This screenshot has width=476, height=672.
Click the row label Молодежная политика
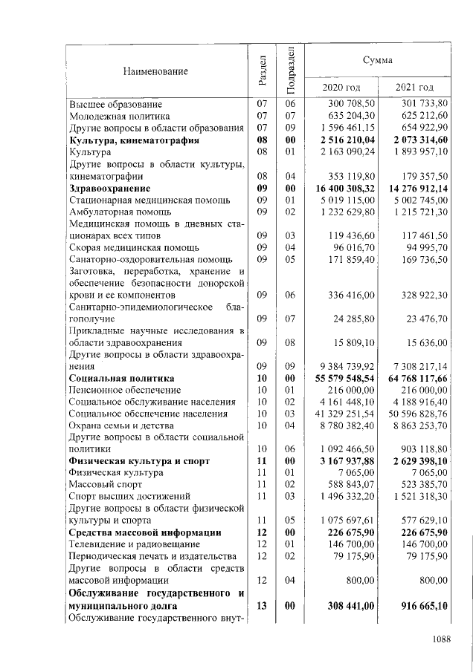119,116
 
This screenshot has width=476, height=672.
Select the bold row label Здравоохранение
112,189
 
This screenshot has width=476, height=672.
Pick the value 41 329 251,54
348,414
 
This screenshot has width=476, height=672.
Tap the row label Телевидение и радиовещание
135,544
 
